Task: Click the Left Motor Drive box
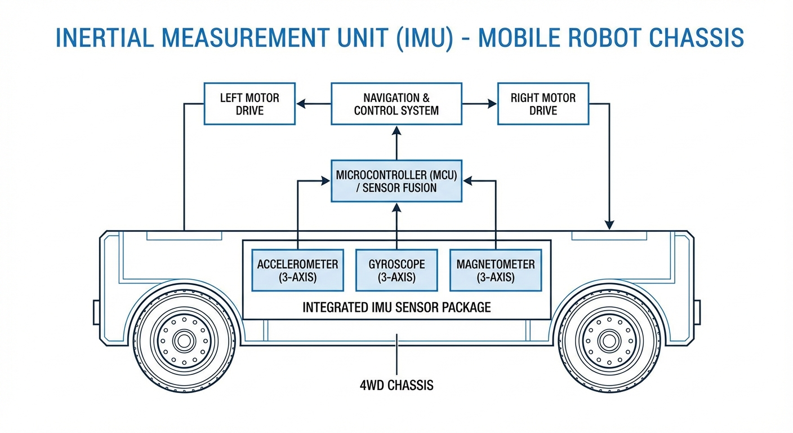coord(249,104)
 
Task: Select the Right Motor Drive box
coord(543,104)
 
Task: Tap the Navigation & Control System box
coord(396,104)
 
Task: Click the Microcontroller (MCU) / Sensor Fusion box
coord(396,181)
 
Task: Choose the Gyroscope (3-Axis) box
coord(396,270)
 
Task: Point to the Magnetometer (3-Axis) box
coord(496,270)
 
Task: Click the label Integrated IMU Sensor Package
coord(396,307)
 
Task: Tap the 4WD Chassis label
coord(396,386)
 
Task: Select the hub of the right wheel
coord(609,341)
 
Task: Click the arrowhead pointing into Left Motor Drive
coord(302,104)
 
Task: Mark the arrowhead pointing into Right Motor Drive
coord(491,104)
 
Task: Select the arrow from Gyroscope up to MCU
coord(396,226)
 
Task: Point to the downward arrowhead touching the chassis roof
coord(609,225)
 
